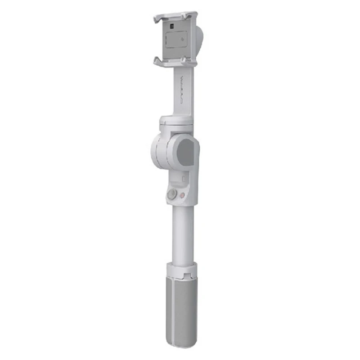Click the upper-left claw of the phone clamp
click(157, 19)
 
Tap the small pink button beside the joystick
click(182, 196)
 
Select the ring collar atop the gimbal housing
click(176, 121)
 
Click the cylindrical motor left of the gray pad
click(158, 151)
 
